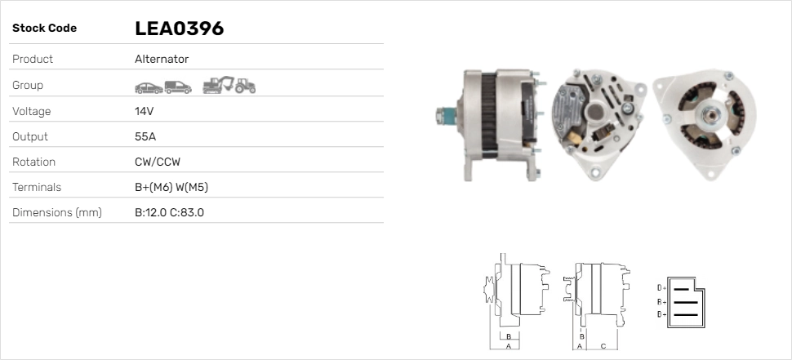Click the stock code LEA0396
179,29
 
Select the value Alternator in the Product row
162,59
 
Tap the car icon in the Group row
149,88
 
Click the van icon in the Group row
178,87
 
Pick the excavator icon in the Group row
218,85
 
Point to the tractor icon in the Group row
246,86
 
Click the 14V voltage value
144,111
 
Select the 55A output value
145,136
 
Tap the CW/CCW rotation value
158,162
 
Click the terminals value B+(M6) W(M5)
171,187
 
